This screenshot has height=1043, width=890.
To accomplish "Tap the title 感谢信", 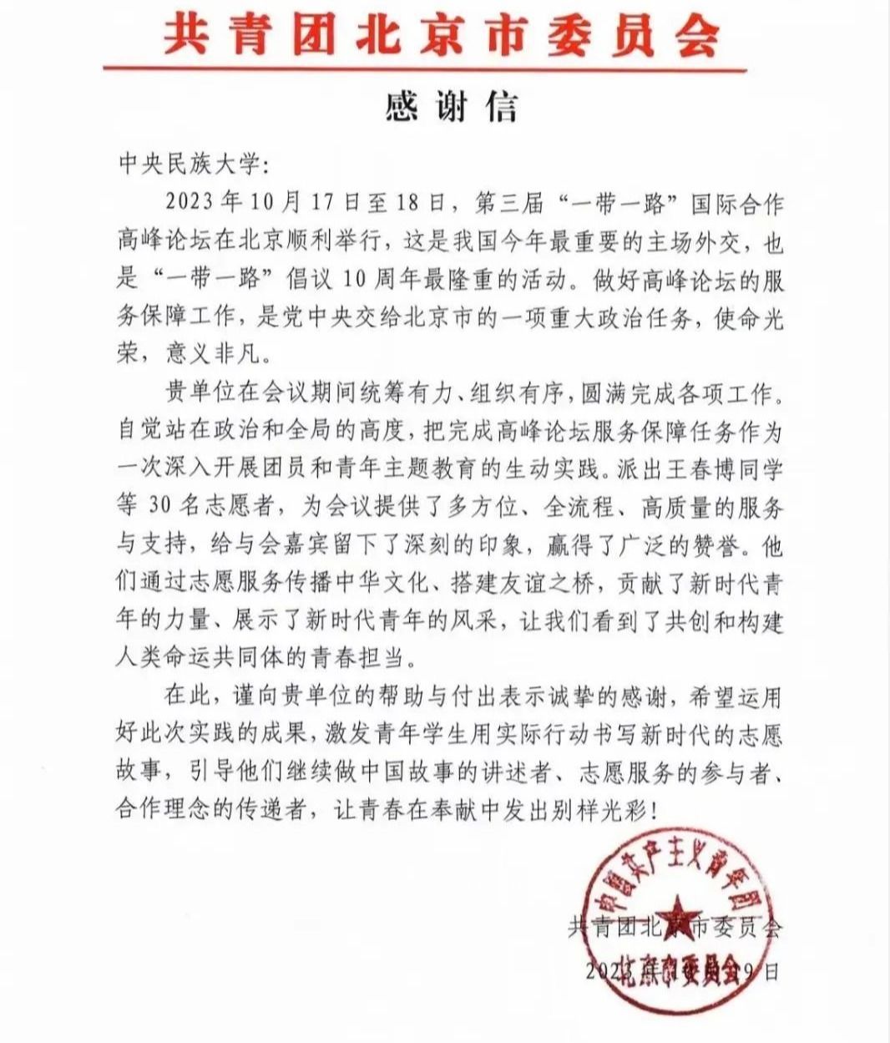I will tap(452, 107).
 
